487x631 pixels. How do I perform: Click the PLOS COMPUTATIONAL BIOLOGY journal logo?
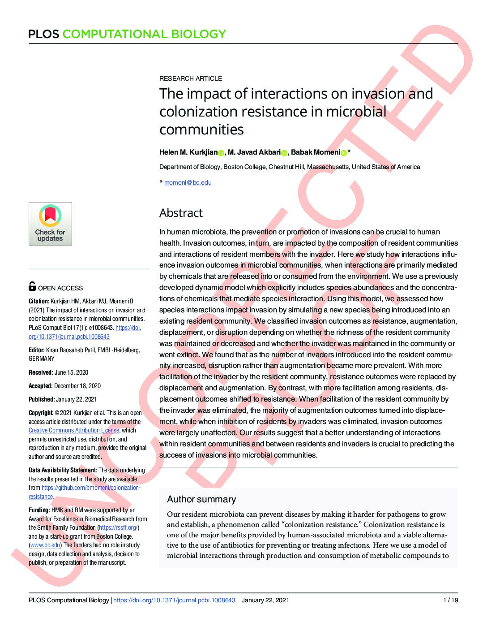[x=127, y=34]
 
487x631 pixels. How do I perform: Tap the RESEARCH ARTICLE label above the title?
[x=191, y=78]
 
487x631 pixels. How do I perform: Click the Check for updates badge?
[x=50, y=224]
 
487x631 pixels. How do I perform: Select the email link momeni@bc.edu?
[x=188, y=182]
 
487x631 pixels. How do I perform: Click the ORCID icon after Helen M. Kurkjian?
[x=221, y=153]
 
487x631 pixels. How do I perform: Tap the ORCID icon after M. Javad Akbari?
[x=284, y=153]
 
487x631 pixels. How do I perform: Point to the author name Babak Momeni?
[x=315, y=152]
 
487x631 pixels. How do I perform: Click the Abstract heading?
[x=181, y=213]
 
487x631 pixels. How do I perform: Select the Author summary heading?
[x=201, y=499]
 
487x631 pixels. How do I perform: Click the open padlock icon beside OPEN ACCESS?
[x=32, y=286]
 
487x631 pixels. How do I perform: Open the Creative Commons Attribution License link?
[x=74, y=430]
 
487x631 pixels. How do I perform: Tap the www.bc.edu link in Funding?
[x=45, y=545]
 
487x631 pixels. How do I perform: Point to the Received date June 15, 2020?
[x=71, y=372]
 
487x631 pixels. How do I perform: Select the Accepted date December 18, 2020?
[x=77, y=386]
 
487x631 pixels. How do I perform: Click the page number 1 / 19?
[x=450, y=600]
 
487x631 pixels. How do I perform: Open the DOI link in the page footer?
[x=174, y=600]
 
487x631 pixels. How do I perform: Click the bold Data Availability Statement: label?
[x=63, y=470]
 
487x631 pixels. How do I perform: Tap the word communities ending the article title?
[x=201, y=130]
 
